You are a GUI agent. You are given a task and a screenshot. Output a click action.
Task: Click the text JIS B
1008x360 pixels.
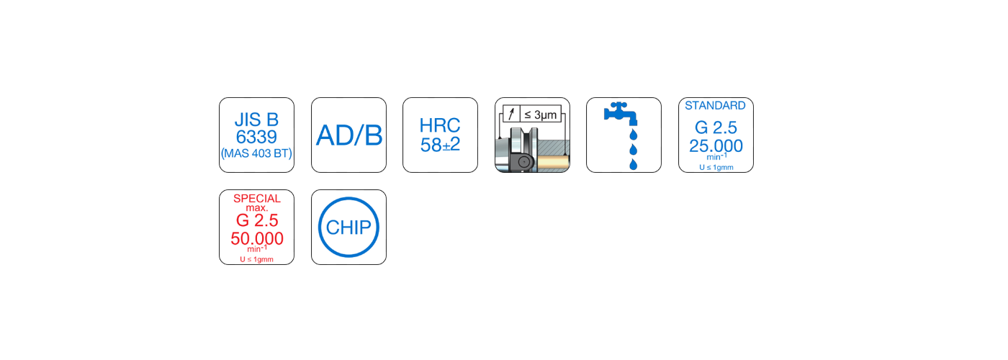256,120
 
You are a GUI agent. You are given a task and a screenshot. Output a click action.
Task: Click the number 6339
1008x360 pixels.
256,137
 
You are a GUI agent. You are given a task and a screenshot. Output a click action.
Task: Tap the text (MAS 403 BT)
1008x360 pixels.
256,153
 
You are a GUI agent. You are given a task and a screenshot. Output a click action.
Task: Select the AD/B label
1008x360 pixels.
348,135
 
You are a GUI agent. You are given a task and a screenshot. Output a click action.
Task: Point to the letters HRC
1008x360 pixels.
440,125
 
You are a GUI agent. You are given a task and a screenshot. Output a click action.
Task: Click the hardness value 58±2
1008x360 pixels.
440,145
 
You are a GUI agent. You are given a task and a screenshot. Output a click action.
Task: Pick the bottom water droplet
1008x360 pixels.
634,165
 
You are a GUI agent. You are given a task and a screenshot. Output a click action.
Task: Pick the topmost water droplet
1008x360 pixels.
634,135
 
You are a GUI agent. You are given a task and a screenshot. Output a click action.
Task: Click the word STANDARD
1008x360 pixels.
716,106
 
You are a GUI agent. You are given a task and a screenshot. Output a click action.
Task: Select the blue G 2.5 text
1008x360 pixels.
716,128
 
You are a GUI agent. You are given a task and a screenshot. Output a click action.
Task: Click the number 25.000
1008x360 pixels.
716,146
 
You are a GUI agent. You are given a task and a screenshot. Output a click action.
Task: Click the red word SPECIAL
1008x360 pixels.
257,198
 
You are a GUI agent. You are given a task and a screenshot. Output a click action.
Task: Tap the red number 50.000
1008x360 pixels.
257,238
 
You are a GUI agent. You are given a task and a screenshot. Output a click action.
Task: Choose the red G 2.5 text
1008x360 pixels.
257,220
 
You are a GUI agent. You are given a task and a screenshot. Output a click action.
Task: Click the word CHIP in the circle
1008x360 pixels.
348,228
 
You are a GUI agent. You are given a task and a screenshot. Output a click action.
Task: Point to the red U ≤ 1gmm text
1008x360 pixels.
257,258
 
